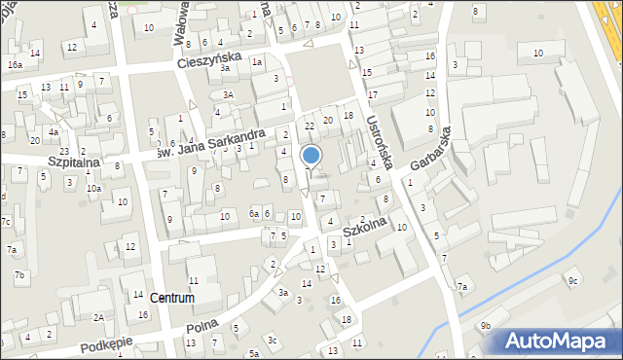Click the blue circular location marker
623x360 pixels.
(x=311, y=155)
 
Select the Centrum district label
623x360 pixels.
(x=172, y=298)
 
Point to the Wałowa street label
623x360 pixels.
(x=181, y=21)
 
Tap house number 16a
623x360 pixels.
(x=15, y=65)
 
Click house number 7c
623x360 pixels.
(x=6, y=222)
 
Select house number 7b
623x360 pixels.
(x=18, y=275)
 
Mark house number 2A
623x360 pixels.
(x=98, y=317)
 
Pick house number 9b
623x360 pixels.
(x=485, y=325)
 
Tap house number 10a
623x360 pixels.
(x=93, y=189)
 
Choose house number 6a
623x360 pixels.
(x=254, y=214)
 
